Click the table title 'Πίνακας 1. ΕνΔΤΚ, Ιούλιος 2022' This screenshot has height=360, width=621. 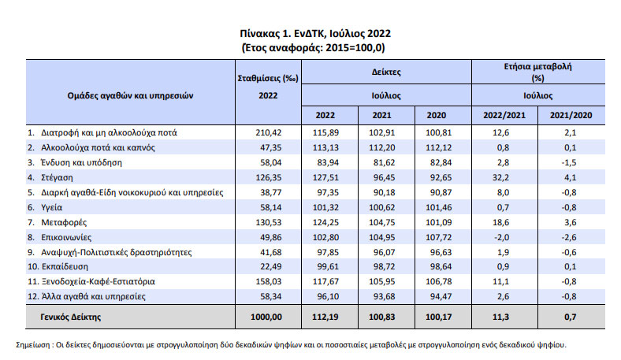(x=315, y=34)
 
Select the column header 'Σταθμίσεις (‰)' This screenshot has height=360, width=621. (x=268, y=79)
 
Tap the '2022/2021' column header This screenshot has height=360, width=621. (x=504, y=115)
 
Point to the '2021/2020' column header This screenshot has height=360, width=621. (x=571, y=115)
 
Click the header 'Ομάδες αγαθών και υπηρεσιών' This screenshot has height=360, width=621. (x=130, y=96)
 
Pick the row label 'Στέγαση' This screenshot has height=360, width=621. (x=57, y=178)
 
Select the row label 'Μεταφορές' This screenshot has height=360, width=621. (x=64, y=223)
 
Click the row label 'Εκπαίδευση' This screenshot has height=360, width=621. (x=65, y=266)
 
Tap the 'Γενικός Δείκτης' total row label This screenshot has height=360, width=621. (x=70, y=317)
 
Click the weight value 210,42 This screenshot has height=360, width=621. (x=269, y=132)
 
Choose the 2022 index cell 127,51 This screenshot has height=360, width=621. (x=325, y=177)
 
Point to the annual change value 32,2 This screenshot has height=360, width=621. (x=500, y=177)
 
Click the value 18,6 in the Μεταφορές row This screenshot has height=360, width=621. (x=500, y=223)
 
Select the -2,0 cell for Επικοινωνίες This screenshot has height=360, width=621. (x=500, y=238)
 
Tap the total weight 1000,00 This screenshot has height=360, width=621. (x=266, y=317)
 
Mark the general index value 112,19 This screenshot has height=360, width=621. (x=325, y=317)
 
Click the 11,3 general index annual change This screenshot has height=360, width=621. (x=500, y=317)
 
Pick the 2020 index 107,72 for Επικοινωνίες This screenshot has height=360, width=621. (x=438, y=238)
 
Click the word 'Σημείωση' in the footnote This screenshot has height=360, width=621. (x=33, y=345)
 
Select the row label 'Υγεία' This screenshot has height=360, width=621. (x=51, y=207)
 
